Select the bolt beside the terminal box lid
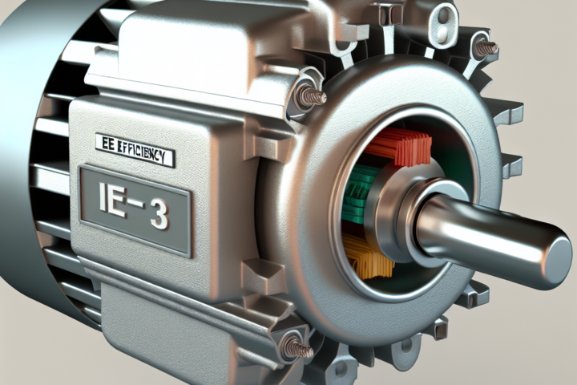[311, 96]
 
